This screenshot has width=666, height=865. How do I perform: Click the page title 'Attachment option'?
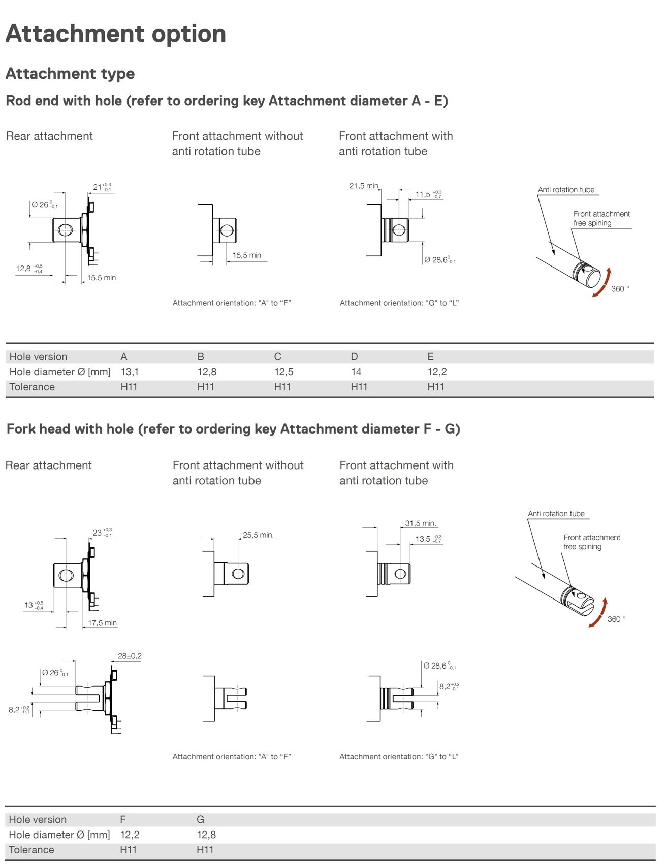coord(115,34)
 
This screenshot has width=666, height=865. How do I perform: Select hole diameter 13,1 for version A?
coord(130,372)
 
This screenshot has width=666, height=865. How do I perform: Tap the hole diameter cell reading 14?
coord(356,372)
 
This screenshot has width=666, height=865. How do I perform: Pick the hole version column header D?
coord(354,356)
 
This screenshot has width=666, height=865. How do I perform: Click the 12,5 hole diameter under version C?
coord(283,372)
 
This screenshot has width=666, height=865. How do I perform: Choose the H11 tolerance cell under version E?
coord(435,387)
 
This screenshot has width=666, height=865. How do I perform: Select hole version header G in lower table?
coord(200,819)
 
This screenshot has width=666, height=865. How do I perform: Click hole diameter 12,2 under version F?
coord(130,835)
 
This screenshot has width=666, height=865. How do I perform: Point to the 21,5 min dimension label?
coord(364,186)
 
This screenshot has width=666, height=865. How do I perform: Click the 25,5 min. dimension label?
coord(258,535)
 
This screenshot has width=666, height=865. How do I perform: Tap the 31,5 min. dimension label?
coord(420,523)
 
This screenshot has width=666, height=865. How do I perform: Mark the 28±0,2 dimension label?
coord(130,656)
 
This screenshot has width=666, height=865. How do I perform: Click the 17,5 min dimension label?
coord(102,623)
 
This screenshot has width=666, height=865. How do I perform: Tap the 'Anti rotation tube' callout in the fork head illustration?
coord(556,514)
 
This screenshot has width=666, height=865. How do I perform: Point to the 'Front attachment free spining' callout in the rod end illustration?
coord(601,218)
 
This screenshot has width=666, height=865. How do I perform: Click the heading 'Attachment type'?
coord(70,74)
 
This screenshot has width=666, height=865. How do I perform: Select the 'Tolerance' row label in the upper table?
coord(32,387)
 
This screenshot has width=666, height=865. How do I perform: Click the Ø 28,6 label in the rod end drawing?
coord(439,260)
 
